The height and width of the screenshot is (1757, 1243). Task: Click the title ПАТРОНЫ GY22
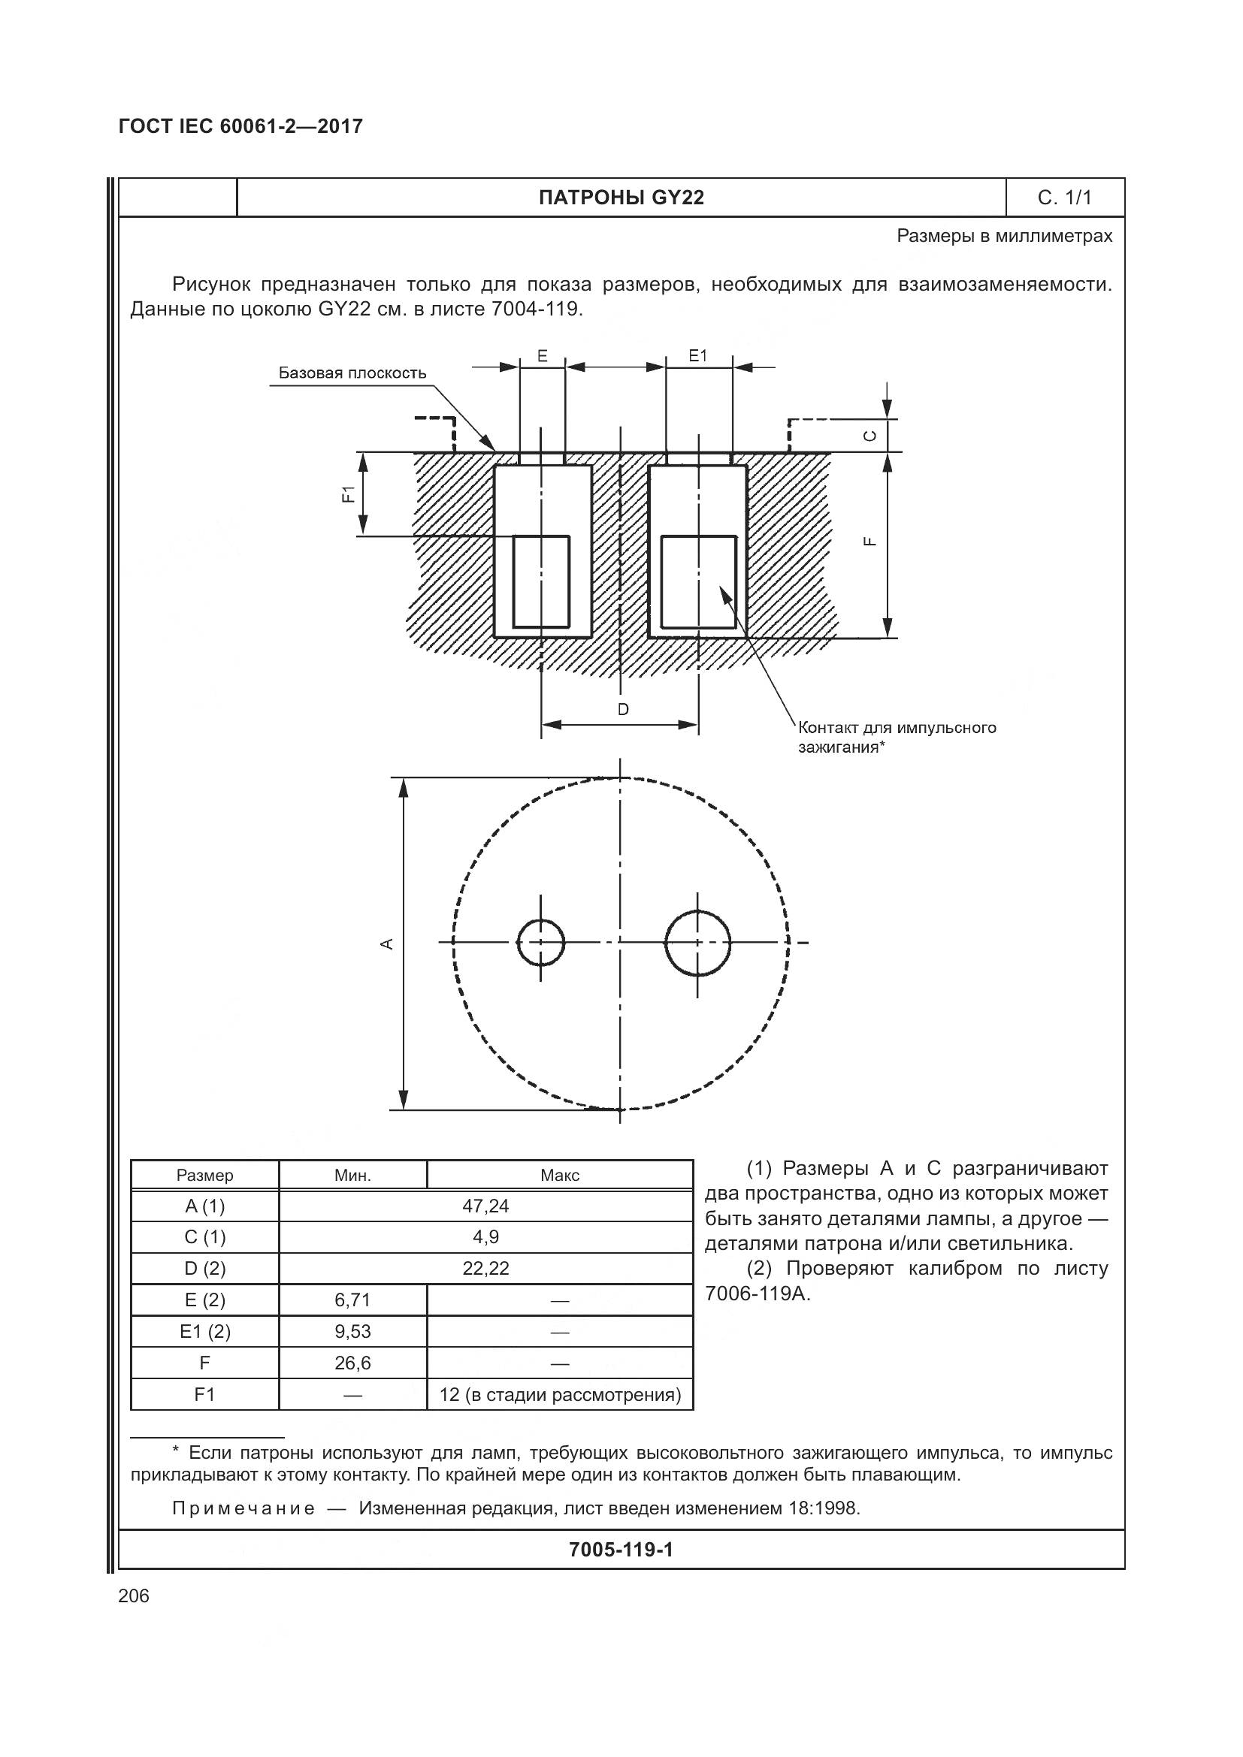(621, 198)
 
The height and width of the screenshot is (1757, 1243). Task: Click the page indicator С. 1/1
(1064, 198)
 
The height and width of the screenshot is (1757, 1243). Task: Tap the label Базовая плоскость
(352, 373)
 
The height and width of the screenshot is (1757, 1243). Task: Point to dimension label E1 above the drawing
(697, 356)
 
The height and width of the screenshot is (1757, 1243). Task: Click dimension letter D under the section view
(623, 709)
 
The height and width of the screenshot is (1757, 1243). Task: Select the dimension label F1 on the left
(349, 494)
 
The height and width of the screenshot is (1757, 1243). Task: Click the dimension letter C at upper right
(869, 436)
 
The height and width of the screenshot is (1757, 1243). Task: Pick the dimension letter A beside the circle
(387, 943)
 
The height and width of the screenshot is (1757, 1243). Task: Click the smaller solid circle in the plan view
(540, 943)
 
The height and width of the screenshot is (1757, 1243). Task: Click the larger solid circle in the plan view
(697, 943)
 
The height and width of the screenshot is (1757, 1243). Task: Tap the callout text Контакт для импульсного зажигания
(897, 737)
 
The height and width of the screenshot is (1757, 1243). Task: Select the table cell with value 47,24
(485, 1207)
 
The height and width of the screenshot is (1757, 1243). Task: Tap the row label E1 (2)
(204, 1333)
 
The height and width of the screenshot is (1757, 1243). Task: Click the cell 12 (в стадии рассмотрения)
(560, 1395)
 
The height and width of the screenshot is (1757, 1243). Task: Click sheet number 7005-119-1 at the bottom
(621, 1550)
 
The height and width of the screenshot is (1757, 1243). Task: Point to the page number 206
(135, 1596)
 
